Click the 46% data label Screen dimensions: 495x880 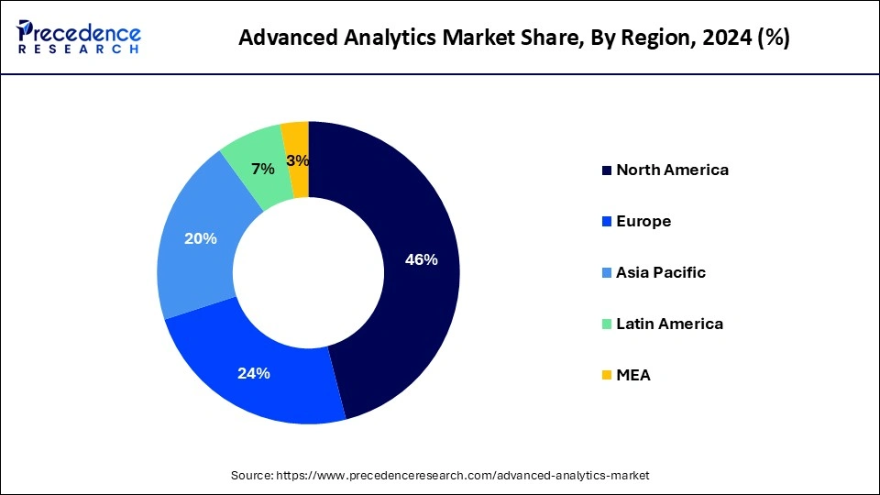tap(421, 259)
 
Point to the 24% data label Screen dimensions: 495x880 tap(253, 373)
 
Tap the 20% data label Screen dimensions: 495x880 tap(200, 238)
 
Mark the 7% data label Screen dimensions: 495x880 tap(263, 169)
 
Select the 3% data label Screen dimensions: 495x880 tap(297, 161)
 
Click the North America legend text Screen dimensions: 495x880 tap(672, 170)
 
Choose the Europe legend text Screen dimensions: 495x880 tap(643, 221)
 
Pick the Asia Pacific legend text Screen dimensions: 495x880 tap(660, 272)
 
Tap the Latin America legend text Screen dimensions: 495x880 tap(669, 324)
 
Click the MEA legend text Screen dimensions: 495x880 tap(633, 375)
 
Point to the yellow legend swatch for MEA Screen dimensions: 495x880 tap(606, 376)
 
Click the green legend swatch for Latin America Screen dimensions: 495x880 tap(606, 324)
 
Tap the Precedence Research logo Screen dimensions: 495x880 tap(79, 36)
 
